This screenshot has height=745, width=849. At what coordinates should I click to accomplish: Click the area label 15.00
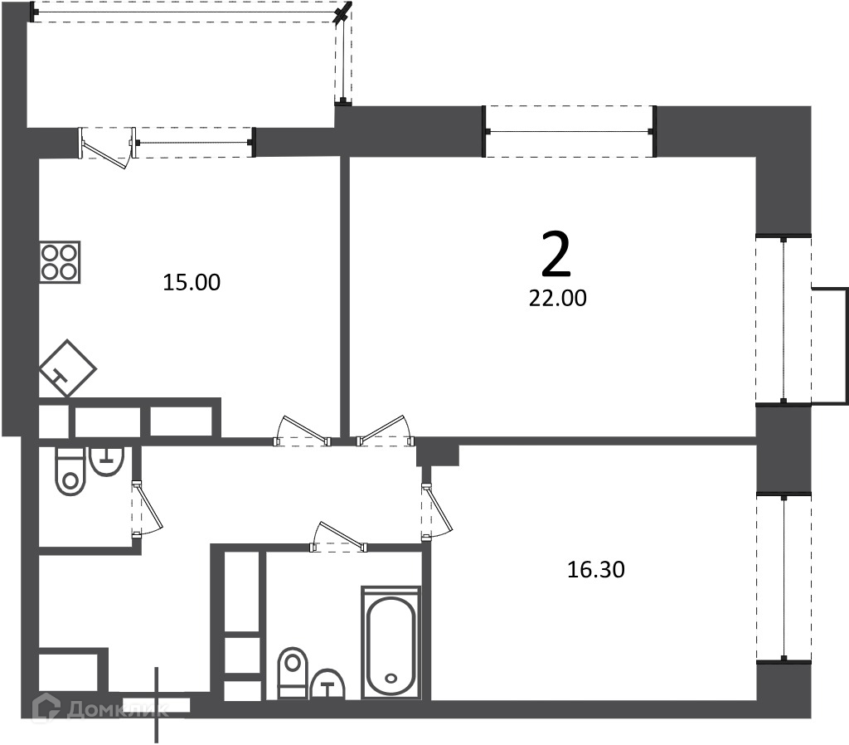click(192, 282)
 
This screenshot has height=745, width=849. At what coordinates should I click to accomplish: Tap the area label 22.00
click(558, 299)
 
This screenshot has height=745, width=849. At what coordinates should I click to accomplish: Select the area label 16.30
click(595, 569)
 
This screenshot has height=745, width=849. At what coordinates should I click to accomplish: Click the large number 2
click(556, 254)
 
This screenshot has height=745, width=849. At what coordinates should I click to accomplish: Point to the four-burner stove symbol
click(60, 261)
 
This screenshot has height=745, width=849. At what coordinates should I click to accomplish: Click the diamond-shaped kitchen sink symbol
click(67, 368)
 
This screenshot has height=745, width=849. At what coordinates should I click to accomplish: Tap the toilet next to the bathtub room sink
click(293, 672)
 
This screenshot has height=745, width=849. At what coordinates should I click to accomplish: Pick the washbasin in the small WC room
click(107, 461)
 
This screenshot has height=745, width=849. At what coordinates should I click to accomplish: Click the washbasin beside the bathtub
click(328, 684)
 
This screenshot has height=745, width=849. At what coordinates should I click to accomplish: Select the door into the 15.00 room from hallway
click(302, 431)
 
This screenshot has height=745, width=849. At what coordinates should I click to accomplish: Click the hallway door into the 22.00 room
click(385, 431)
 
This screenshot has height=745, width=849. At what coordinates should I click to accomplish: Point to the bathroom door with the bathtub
click(338, 537)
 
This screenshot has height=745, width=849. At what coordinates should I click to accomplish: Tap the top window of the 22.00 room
click(569, 131)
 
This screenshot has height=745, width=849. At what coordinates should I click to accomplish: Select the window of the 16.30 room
click(784, 577)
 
